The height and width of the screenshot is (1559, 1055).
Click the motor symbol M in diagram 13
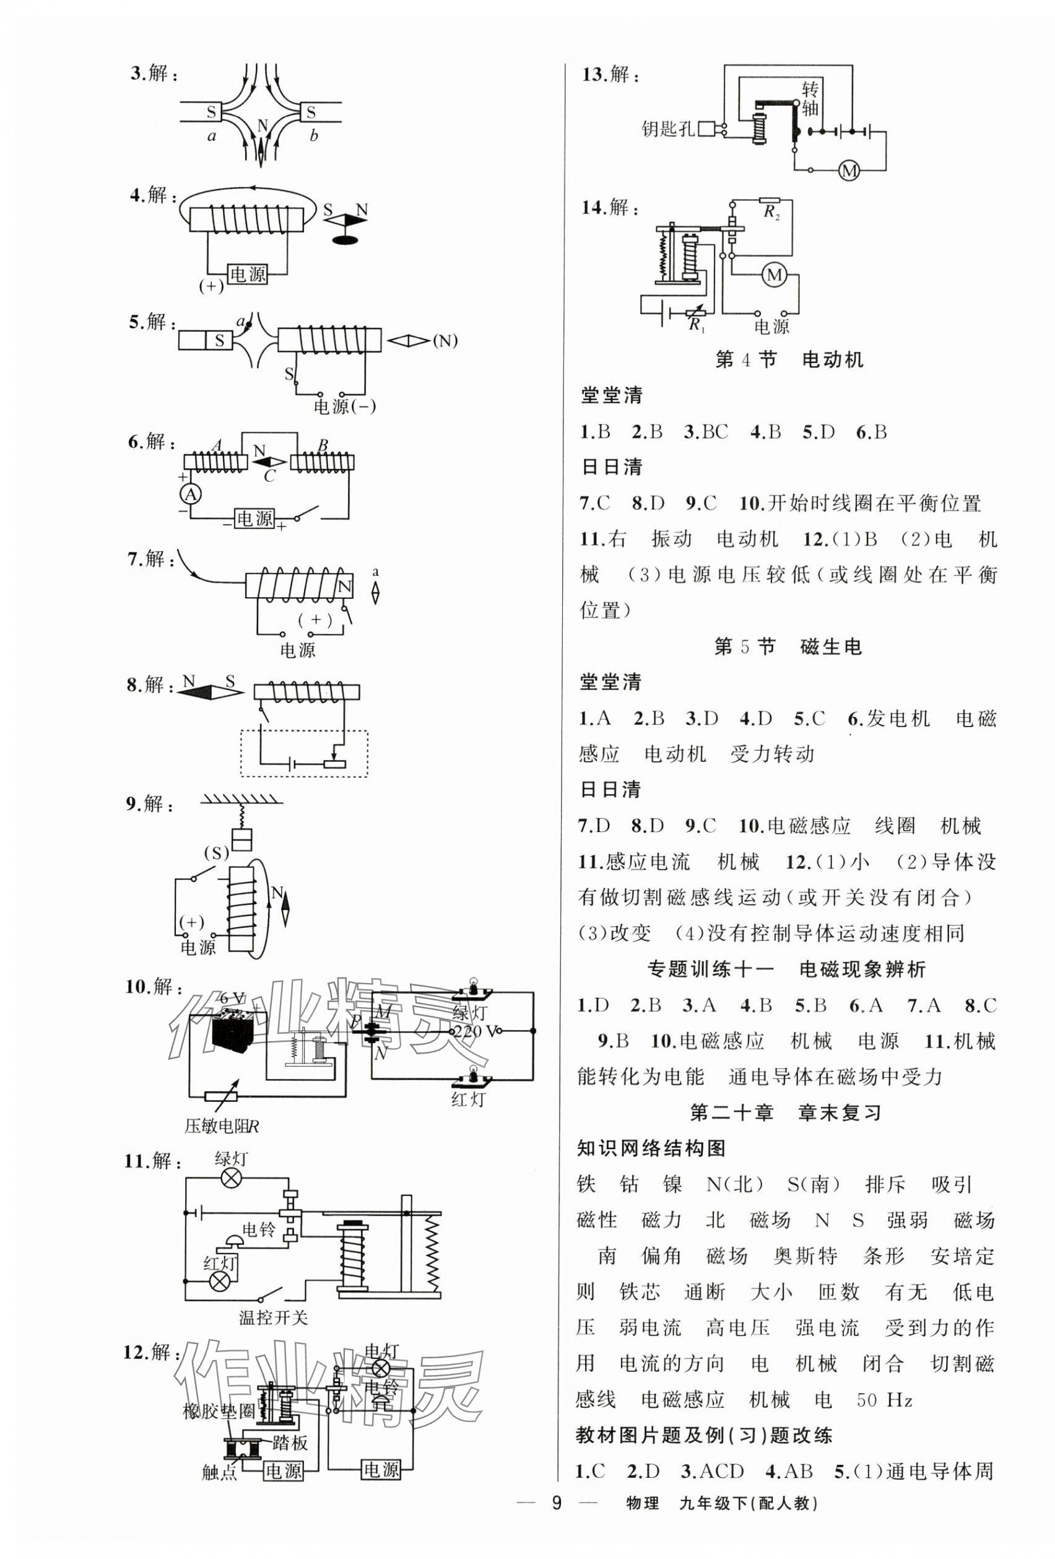coord(848,171)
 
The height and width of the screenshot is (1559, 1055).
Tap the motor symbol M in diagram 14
coord(775,274)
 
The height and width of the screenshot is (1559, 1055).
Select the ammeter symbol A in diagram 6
coord(191,494)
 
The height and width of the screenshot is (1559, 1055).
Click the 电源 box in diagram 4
coord(248,274)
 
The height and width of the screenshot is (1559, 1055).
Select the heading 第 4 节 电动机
coord(789,360)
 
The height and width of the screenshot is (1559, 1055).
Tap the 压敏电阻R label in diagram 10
coord(221,1126)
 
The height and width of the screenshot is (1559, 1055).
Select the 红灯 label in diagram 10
coord(467,1099)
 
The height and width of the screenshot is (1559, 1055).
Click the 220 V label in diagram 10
coord(477,1031)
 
